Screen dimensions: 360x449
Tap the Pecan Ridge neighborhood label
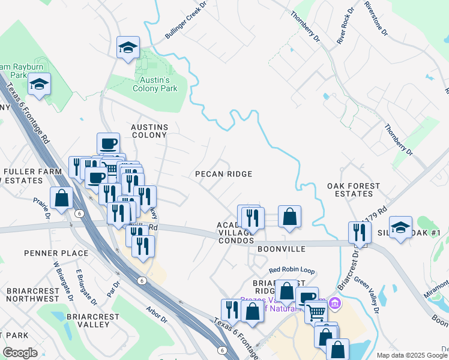pyautogui.click(x=223, y=174)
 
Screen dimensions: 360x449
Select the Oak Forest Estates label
pyautogui.click(x=354, y=190)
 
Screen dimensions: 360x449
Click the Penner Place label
pyautogui.click(x=56, y=253)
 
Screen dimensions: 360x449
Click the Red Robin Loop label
pyautogui.click(x=292, y=271)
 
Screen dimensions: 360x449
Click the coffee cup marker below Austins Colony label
pyautogui.click(x=108, y=143)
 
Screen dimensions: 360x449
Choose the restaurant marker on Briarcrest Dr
pyautogui.click(x=360, y=232)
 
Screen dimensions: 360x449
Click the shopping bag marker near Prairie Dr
pyautogui.click(x=61, y=197)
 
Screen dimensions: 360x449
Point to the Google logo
pyautogui.click(x=20, y=353)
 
